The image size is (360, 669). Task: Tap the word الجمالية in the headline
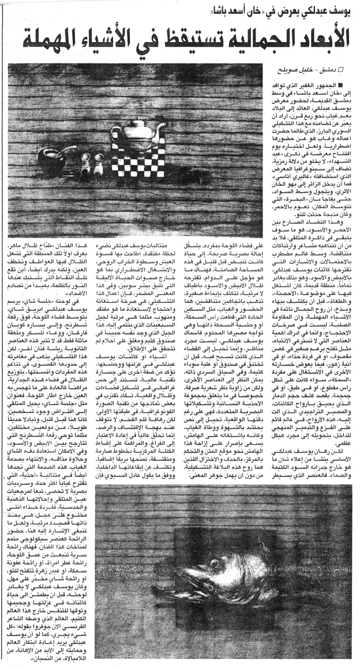coord(237,41)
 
